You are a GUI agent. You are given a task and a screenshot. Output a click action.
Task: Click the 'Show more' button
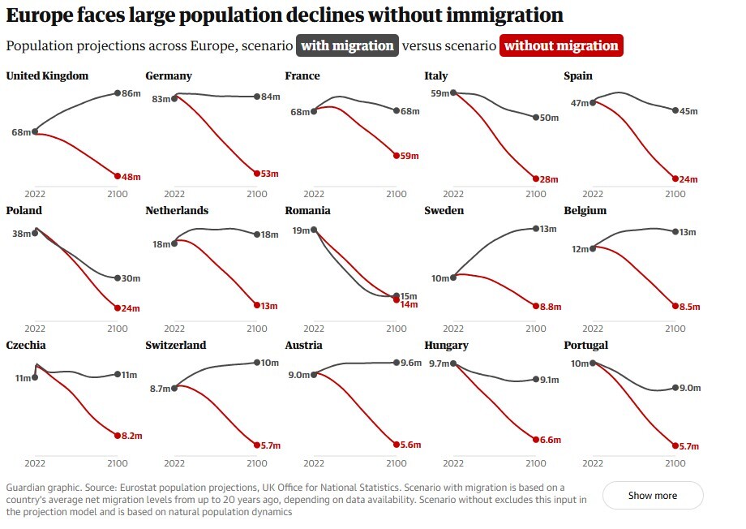(652, 495)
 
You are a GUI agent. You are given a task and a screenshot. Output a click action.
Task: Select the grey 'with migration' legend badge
(347, 45)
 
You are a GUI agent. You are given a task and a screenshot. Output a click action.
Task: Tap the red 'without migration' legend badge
(561, 45)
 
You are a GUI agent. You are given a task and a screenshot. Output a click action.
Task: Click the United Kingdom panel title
(47, 76)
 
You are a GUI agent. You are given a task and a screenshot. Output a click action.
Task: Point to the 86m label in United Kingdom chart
(131, 94)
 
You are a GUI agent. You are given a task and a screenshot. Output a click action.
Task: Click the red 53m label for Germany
(269, 174)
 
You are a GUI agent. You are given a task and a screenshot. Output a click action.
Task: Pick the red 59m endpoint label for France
(409, 156)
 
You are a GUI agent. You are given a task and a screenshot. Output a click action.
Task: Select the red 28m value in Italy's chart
(549, 179)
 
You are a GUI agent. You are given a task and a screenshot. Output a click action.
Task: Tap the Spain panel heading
(578, 76)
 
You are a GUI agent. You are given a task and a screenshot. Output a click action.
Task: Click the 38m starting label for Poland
(21, 234)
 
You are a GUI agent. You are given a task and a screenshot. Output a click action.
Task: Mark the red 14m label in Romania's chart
(409, 304)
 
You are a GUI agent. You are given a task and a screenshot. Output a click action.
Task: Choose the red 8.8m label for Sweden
(551, 307)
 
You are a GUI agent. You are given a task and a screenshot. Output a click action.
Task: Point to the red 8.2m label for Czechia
(131, 436)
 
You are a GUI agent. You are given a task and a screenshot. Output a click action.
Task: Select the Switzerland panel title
(176, 346)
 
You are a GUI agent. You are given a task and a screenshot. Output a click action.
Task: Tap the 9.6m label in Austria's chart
(411, 363)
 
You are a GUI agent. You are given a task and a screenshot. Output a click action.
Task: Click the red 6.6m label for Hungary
(551, 440)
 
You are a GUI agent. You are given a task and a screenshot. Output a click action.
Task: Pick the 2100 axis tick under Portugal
(675, 463)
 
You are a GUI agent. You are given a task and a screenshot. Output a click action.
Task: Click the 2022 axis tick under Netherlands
(174, 329)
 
